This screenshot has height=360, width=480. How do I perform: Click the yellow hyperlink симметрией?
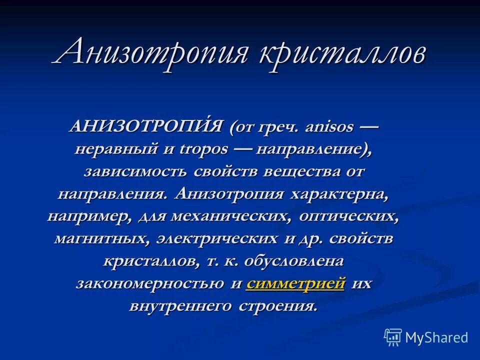coord(295,283)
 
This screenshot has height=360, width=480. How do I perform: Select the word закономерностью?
coord(150,283)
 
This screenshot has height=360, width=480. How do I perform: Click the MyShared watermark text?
coord(436,337)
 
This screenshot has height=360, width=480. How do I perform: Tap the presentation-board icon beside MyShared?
coord(393,337)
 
